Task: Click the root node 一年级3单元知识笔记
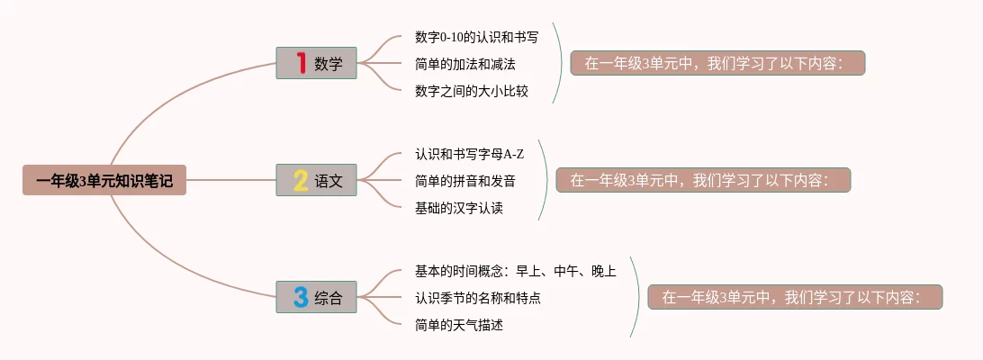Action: (104, 180)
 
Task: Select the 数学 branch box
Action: (316, 63)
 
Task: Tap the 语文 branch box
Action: (316, 180)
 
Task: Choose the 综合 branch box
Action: (316, 297)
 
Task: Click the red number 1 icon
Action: (301, 63)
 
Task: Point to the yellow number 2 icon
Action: (301, 181)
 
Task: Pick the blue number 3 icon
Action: (301, 297)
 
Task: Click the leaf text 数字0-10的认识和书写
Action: (476, 36)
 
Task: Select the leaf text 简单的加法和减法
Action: (465, 63)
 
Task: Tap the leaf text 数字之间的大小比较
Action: (472, 91)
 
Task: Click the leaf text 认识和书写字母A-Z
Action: (470, 154)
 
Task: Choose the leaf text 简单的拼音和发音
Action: (465, 181)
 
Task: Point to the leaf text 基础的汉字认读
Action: (459, 208)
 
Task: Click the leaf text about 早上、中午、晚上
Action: (515, 271)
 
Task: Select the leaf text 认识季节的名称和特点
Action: (478, 298)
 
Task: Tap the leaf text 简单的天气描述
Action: (459, 326)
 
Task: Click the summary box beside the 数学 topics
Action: (717, 63)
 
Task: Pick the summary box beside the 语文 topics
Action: (703, 180)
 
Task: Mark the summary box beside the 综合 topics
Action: (795, 297)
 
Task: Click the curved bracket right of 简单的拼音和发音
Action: (548, 180)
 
